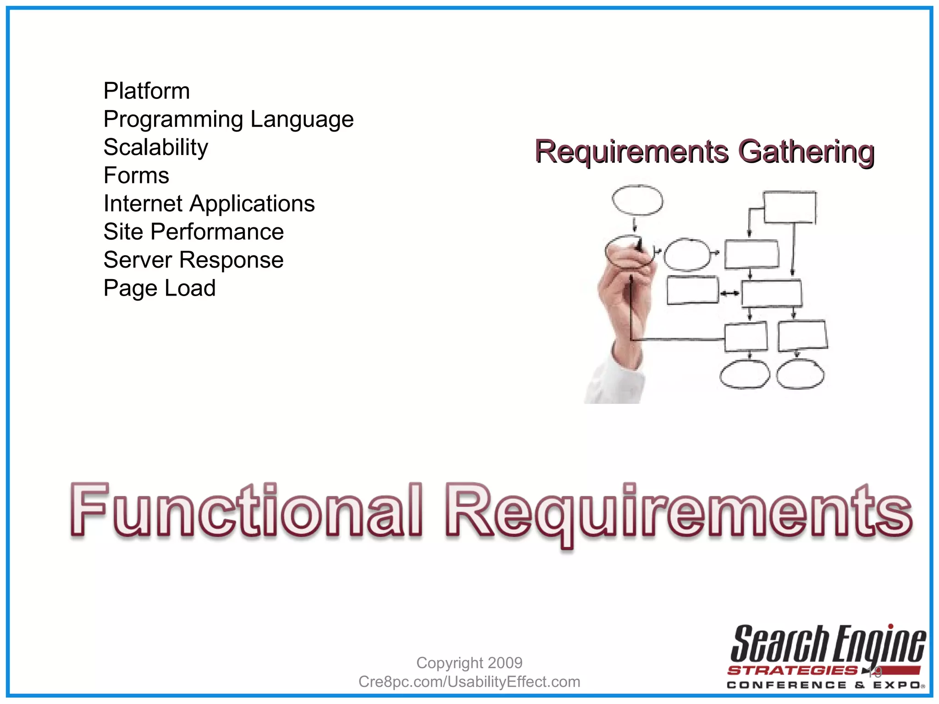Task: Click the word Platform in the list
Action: [x=146, y=91]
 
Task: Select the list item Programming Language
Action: [x=228, y=120]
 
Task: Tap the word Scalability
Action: [x=155, y=148]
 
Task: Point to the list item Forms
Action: [x=136, y=176]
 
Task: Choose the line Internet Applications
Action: [x=209, y=204]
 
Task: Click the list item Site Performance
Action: [x=193, y=232]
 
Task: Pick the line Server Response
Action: [x=193, y=260]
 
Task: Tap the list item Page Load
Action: [x=159, y=288]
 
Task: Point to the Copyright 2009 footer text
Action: [x=469, y=663]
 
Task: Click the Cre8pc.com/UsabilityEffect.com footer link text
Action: [x=469, y=682]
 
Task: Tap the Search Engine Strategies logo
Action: [x=827, y=656]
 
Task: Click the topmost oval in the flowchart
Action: [x=637, y=200]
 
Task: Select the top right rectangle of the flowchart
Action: [x=790, y=207]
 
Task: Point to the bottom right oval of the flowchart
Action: [x=800, y=374]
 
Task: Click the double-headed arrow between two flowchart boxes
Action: [x=729, y=293]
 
